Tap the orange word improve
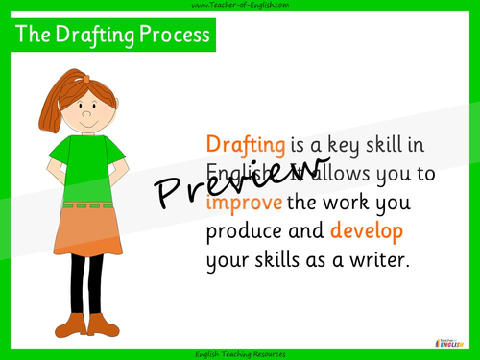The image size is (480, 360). (244, 204)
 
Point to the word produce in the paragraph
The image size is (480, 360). (246, 233)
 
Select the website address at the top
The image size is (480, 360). (240, 6)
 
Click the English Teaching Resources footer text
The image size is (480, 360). (240, 354)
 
